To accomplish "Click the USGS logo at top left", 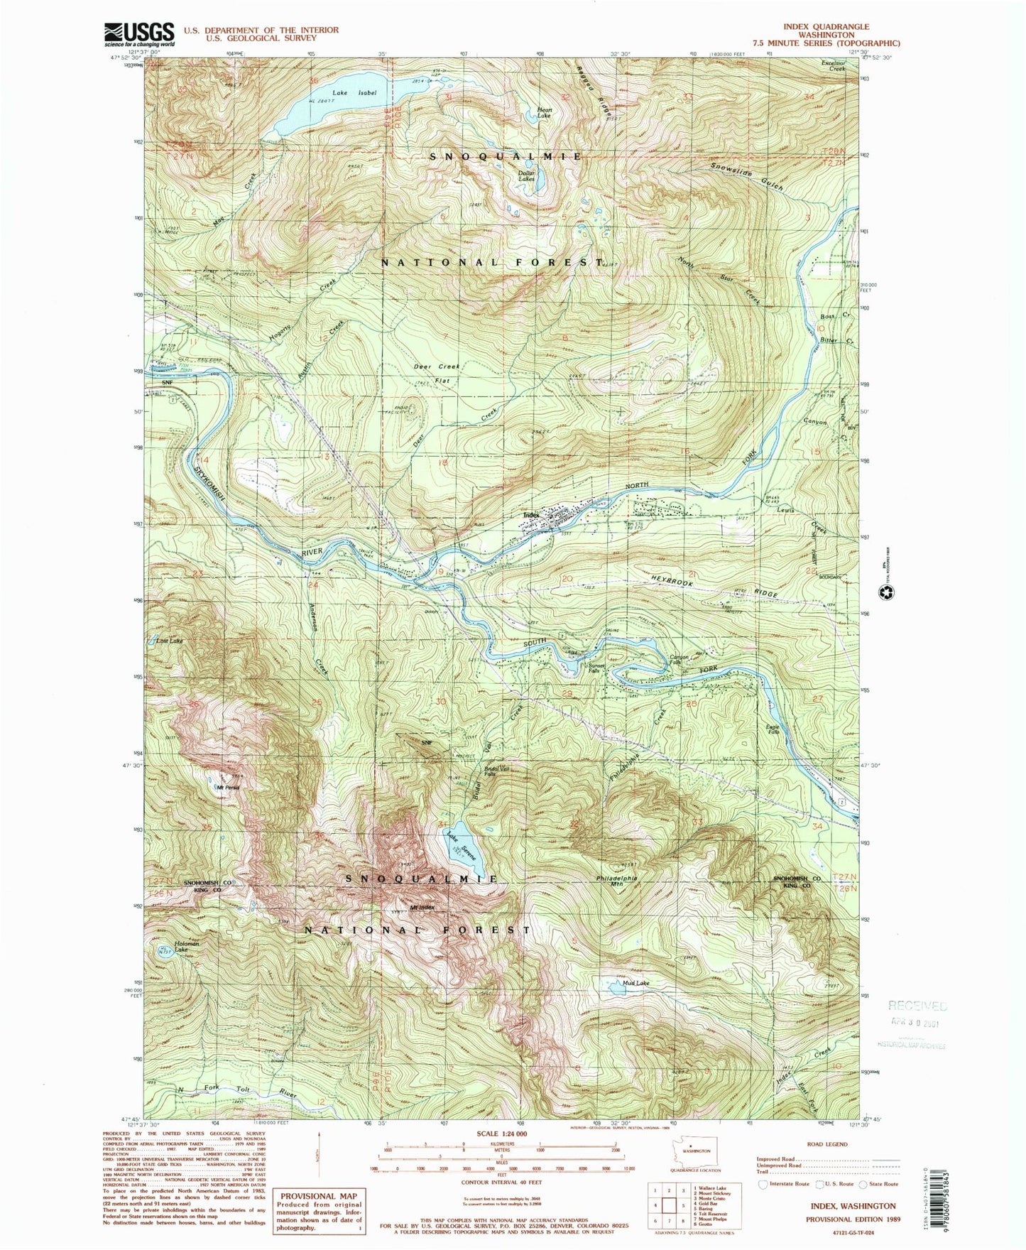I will pos(139,33).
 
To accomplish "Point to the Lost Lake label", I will pos(170,641).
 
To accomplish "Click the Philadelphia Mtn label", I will pos(616,881).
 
